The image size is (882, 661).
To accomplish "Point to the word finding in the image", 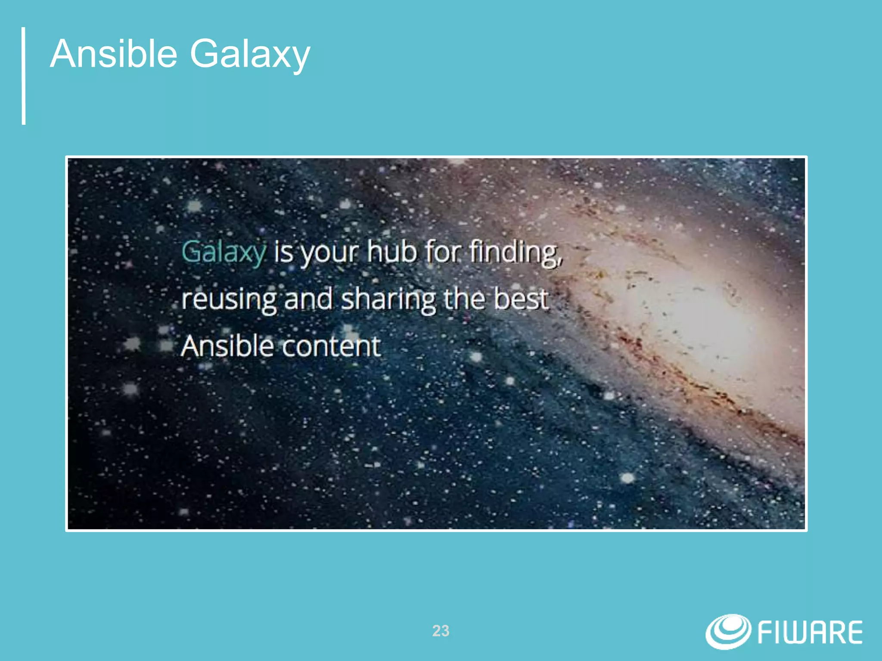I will (516, 252).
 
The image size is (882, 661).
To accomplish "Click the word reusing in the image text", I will (229, 300).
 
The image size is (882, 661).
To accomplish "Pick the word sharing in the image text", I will (388, 300).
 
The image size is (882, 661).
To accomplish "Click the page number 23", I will (441, 631).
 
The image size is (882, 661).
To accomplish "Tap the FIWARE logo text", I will (810, 633).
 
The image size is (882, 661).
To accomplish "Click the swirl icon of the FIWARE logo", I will (728, 631).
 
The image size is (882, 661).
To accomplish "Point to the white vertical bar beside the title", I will (24, 76).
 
